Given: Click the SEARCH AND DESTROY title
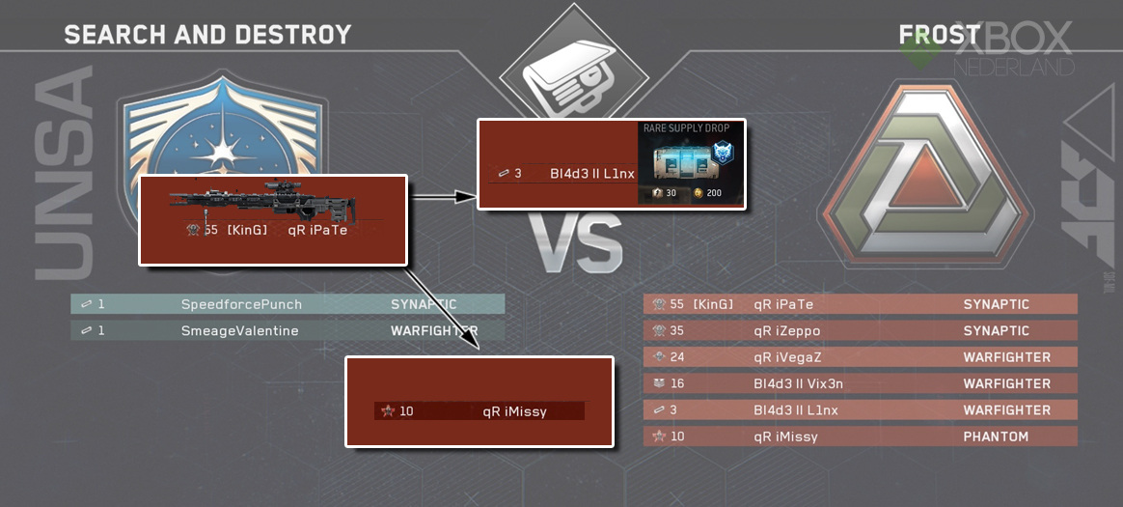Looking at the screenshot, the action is (207, 35).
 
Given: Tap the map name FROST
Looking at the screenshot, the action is (939, 35).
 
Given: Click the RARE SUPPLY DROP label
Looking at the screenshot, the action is (687, 127).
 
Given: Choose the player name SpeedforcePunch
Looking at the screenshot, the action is (241, 305).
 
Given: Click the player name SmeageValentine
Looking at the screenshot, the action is (240, 331).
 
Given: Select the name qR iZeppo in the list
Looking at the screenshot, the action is (786, 331).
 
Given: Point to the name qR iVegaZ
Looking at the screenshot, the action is (788, 357).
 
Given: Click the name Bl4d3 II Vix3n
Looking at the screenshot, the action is (798, 383).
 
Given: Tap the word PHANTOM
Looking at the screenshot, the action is (996, 437).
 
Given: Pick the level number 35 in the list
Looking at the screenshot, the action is (677, 331).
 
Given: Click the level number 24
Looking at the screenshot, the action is (677, 357).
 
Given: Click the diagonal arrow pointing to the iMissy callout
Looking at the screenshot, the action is (442, 308).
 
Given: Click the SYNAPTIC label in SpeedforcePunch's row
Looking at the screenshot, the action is (424, 305).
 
